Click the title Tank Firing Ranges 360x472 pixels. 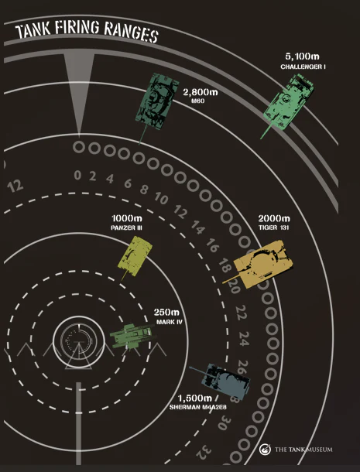tap(87, 32)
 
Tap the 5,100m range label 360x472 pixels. tap(302, 56)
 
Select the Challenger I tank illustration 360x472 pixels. tap(286, 105)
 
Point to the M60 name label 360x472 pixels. tap(197, 101)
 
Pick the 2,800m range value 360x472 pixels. tap(201, 92)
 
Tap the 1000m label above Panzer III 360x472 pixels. tap(127, 218)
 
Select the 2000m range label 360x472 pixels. tap(274, 218)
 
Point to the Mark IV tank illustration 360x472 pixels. tap(132, 336)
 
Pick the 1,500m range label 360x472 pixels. tap(194, 398)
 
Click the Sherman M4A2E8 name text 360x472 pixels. tap(198, 408)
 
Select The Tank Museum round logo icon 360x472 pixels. tap(265, 450)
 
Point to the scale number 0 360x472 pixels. tap(77, 175)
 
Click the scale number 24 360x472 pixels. tap(244, 339)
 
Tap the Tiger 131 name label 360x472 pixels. tap(274, 227)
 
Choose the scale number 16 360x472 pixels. tap(212, 245)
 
